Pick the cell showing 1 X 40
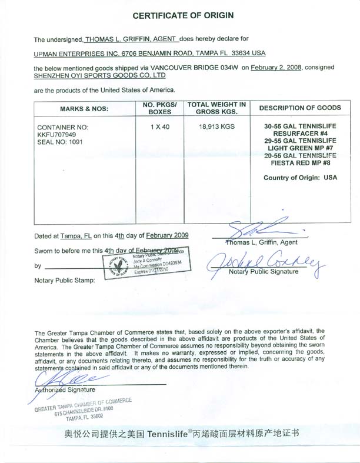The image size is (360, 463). click(156, 126)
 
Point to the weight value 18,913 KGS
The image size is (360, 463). click(216, 126)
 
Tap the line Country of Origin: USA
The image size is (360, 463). click(300, 177)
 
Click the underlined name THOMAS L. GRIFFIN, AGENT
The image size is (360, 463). click(129, 39)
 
